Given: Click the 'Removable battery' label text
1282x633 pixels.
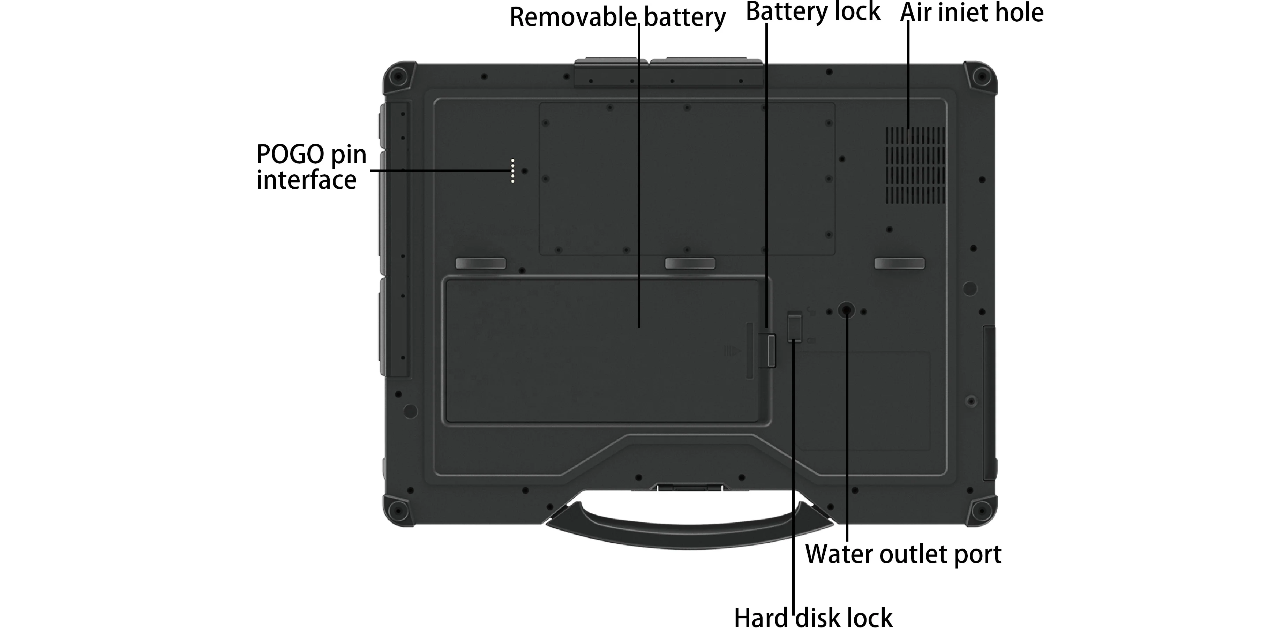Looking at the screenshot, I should coord(617,18).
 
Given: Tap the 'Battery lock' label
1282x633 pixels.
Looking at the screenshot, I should coord(813,12).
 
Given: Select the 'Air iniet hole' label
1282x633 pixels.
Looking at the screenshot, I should coord(972,13).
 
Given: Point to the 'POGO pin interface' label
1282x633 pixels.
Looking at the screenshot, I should coord(311,167).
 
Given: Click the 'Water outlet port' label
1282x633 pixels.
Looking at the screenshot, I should coord(903,553).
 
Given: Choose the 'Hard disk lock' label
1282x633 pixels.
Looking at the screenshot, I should coord(813,618).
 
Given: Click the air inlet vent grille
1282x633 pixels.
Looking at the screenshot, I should coord(915,165).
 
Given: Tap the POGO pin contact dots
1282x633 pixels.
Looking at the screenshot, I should coord(512,171).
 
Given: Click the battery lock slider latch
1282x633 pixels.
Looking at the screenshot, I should coord(767,351).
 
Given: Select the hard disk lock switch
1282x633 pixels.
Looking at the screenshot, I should coord(795,326).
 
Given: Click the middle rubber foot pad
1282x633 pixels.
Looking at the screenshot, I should coord(690,263).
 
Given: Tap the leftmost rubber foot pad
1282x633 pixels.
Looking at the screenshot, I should coord(480,263).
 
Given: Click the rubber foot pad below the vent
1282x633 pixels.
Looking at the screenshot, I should coord(899,263).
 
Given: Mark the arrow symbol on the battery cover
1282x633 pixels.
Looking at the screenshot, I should coord(732,351).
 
